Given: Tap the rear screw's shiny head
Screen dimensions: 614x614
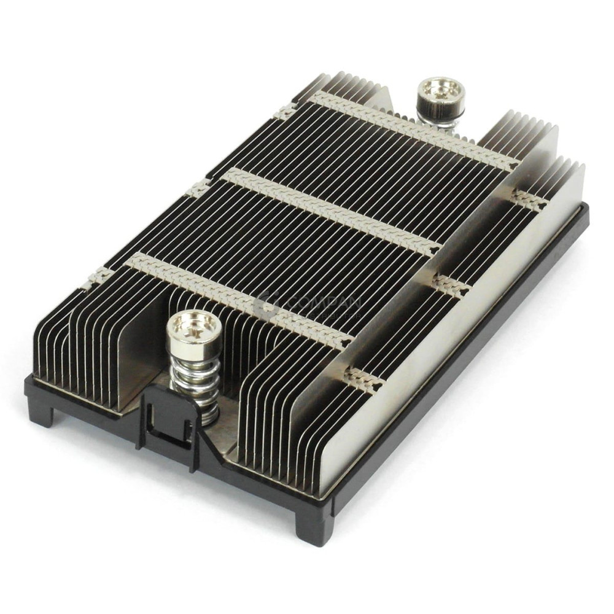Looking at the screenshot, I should click(x=440, y=90).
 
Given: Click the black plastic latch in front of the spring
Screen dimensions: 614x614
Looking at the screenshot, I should click(x=169, y=424).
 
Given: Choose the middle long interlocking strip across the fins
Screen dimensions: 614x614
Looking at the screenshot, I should click(x=332, y=212).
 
